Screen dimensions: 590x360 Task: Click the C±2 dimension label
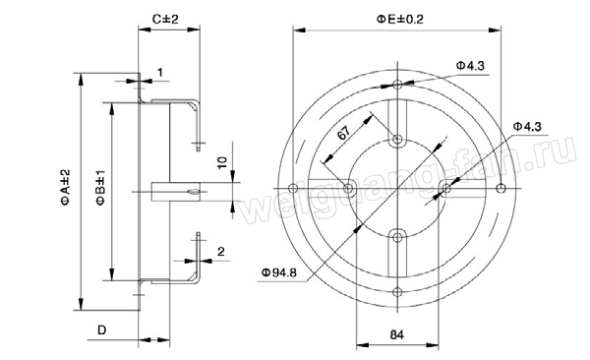tap(165, 19)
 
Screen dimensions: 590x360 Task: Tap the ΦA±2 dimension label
tap(66, 187)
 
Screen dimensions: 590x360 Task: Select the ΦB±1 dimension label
tap(101, 187)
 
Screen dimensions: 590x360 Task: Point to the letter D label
tap(102, 330)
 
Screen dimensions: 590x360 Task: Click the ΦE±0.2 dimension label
tap(399, 20)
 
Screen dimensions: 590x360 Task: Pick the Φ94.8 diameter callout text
tap(279, 272)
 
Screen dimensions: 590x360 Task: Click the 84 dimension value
tap(396, 334)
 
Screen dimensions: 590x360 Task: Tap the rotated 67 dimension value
tap(343, 133)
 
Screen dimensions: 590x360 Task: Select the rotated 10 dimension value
tap(222, 162)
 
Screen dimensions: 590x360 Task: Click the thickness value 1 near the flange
tap(160, 72)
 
